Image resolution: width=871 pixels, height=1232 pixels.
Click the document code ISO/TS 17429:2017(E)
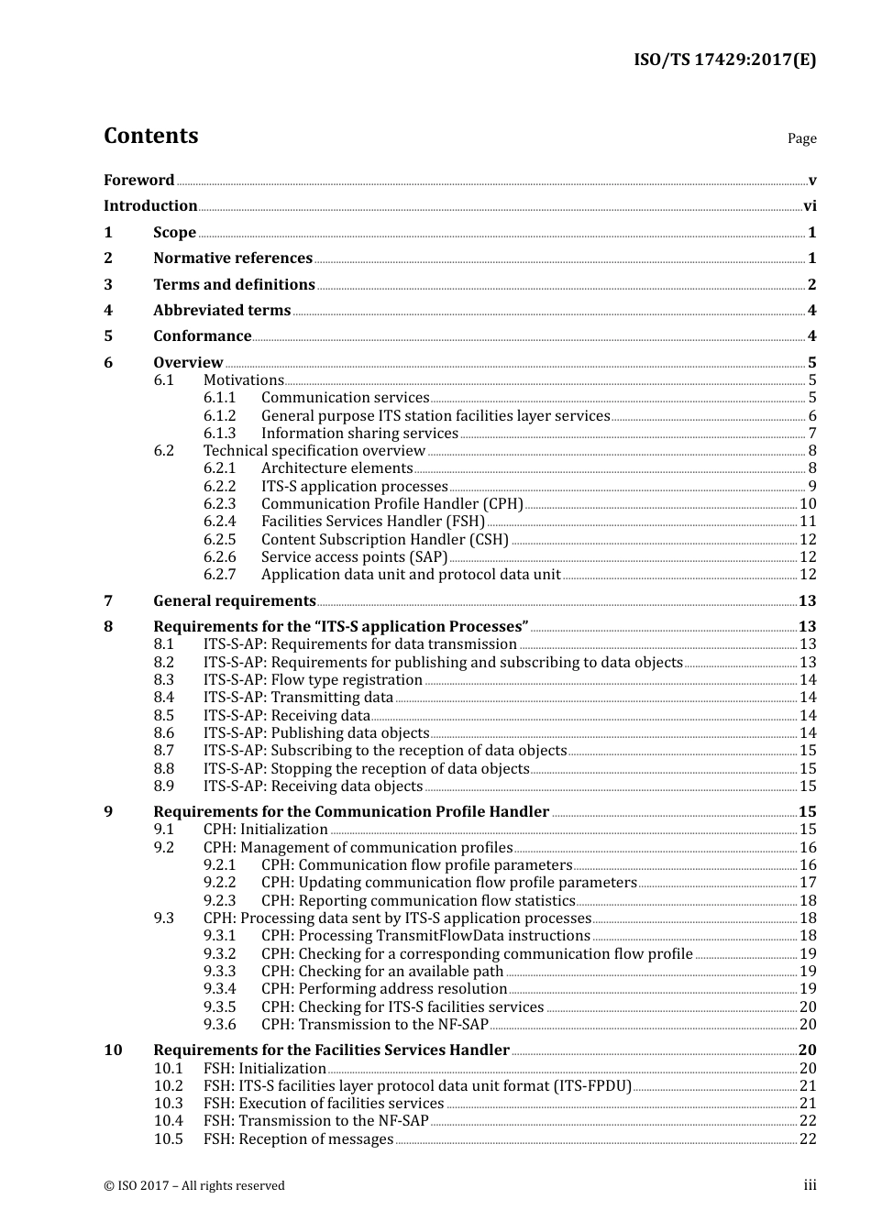(x=724, y=60)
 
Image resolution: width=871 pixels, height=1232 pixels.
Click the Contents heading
(x=150, y=136)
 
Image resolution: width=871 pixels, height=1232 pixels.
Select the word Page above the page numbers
(x=801, y=138)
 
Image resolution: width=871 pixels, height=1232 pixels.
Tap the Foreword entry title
(x=138, y=181)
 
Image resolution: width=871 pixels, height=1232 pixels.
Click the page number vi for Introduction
(x=810, y=206)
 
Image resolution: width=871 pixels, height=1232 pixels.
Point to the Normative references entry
(x=233, y=258)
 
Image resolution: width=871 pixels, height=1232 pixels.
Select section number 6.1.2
(x=219, y=416)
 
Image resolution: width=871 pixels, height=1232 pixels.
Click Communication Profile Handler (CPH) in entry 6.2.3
(x=391, y=504)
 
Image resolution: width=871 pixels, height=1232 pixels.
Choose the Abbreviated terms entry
(x=222, y=311)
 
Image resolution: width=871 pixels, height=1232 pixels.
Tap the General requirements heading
(x=235, y=601)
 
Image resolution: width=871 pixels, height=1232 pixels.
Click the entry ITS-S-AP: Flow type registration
(x=313, y=680)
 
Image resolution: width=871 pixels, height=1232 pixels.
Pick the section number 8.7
(x=163, y=751)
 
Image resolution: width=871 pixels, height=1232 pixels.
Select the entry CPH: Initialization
(x=265, y=830)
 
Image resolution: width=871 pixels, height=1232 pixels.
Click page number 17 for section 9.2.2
(x=808, y=883)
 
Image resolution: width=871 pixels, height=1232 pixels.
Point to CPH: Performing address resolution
(x=383, y=989)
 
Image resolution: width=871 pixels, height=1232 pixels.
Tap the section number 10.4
(x=168, y=1121)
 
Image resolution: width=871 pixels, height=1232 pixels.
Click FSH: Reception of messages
(x=298, y=1139)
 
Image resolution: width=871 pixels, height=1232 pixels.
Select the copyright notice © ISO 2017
(x=194, y=1186)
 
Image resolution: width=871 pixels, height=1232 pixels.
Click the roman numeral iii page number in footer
(x=810, y=1185)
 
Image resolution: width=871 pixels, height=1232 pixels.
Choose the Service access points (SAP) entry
(x=354, y=557)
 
